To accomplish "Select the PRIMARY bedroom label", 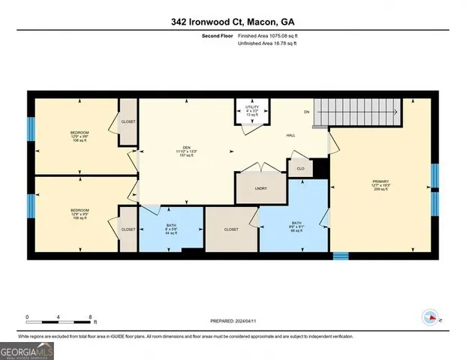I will point(380,184).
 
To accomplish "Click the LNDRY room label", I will point(260,189).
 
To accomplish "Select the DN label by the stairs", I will point(306,112).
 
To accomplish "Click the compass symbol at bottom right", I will point(430,317).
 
